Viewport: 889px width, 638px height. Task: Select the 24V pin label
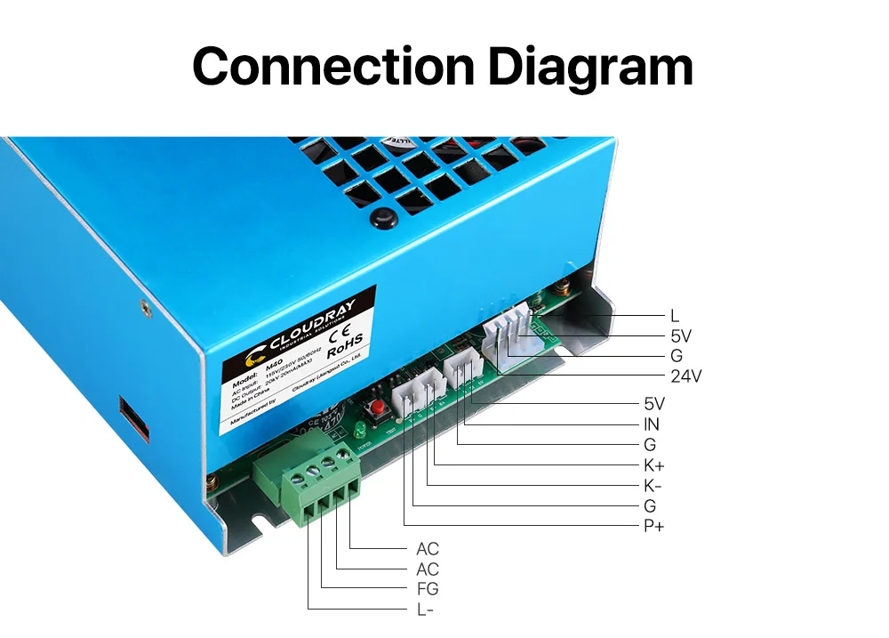(686, 376)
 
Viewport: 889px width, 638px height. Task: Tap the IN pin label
(653, 424)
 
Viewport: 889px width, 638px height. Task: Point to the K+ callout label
(653, 465)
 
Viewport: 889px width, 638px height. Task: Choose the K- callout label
(653, 486)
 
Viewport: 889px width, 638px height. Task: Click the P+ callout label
(653, 526)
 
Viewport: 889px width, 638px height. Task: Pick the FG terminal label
(427, 588)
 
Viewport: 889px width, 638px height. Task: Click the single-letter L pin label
(675, 316)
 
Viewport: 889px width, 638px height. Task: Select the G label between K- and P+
(650, 506)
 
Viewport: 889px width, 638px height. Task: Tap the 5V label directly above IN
(653, 403)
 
